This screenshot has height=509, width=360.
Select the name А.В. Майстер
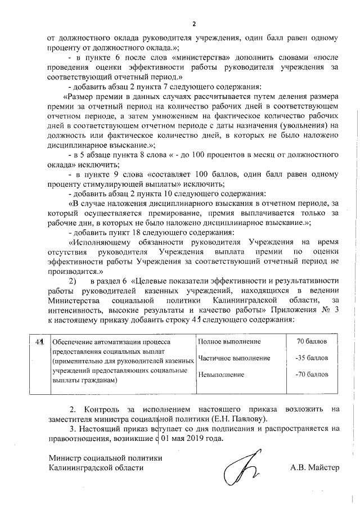[315, 467]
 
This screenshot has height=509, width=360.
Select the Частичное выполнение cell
[235, 358]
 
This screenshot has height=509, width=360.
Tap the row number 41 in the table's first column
[39, 341]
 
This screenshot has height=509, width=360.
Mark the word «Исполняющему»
[99, 242]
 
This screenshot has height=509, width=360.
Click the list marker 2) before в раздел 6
[72, 280]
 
